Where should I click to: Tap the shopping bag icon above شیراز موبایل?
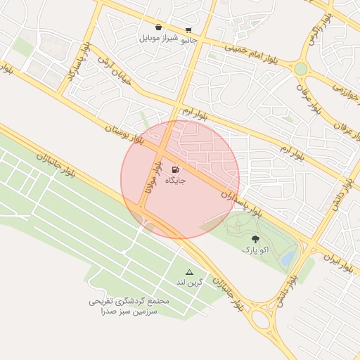click(x=160, y=27)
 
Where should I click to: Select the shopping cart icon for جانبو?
click(x=188, y=30)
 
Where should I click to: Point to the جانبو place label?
click(x=190, y=40)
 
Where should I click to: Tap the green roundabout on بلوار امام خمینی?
click(x=301, y=69)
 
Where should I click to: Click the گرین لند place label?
click(x=189, y=282)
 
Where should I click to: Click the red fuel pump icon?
click(x=174, y=169)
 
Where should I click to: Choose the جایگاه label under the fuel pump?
click(x=175, y=181)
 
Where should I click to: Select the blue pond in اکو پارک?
click(x=287, y=259)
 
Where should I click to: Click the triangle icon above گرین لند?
click(x=188, y=271)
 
